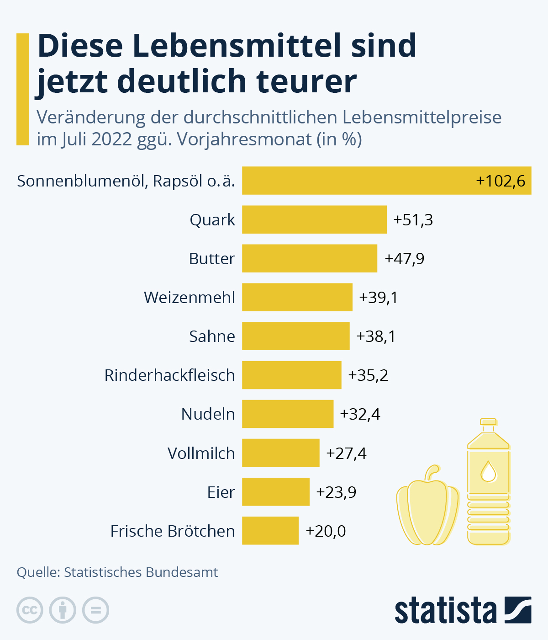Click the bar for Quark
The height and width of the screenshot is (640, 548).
314,219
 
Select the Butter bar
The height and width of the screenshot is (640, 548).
310,258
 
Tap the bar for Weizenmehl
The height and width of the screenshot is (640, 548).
297,297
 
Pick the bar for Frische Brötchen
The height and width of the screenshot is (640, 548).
270,531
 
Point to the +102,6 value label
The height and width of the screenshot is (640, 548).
501,181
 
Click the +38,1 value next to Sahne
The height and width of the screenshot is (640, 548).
376,336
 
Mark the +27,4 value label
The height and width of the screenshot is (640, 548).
346,453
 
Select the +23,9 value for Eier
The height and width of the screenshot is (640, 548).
336,492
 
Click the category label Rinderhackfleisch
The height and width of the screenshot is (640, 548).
169,375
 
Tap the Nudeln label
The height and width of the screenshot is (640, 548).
208,414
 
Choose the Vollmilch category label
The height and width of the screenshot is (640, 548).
201,453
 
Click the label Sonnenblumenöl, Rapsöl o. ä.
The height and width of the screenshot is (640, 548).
126,181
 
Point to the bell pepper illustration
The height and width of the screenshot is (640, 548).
427,510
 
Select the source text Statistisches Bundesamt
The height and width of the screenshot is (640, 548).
141,572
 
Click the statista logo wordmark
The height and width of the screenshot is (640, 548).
445,610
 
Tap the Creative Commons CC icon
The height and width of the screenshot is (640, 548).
30,610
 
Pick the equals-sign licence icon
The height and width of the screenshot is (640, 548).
96,610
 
